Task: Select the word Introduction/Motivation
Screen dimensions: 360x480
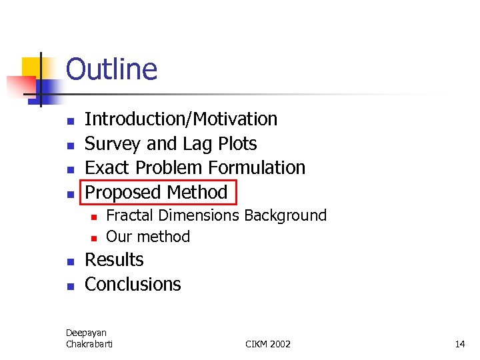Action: (181, 119)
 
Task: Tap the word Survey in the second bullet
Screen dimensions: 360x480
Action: (113, 144)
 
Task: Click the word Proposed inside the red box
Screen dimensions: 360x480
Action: (123, 193)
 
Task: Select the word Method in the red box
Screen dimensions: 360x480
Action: (197, 193)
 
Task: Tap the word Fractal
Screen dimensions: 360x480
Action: (129, 216)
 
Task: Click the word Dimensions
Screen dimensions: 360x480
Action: (198, 216)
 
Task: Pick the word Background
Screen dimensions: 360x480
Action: (285, 216)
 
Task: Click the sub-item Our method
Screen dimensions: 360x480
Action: (148, 237)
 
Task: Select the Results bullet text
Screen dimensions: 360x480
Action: (114, 260)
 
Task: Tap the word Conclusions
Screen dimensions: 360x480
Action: (133, 285)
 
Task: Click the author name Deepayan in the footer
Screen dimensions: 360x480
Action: (86, 333)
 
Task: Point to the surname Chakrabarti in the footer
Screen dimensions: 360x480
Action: (89, 344)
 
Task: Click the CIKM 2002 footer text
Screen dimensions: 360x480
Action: (268, 344)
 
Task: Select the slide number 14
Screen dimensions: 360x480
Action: (459, 344)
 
